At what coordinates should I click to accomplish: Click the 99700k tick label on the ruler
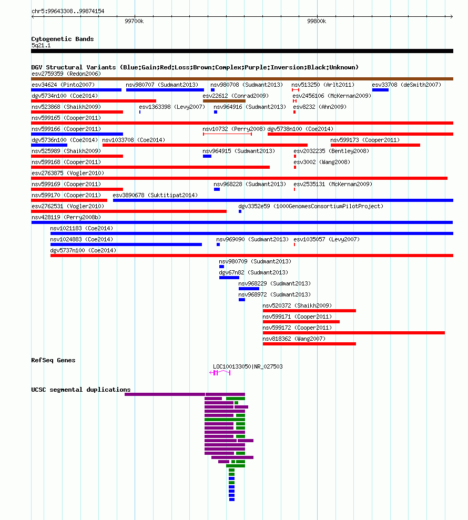pos(134,21)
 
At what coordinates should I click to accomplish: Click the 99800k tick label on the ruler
pos(317,21)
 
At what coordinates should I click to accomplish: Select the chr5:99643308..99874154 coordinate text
pos(68,11)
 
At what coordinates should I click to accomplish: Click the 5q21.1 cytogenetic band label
pos(41,45)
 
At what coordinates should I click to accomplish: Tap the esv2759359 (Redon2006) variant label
pos(66,74)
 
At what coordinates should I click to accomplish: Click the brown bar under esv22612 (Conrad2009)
pos(224,101)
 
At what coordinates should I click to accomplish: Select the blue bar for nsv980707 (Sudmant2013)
pos(165,90)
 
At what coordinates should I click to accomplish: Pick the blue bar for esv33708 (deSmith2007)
pos(380,90)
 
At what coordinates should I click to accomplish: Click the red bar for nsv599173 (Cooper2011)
pos(375,145)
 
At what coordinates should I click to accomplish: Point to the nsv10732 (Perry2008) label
pos(234,129)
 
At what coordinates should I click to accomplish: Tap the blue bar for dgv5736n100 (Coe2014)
pos(49,145)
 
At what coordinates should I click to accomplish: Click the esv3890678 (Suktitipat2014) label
pos(155,195)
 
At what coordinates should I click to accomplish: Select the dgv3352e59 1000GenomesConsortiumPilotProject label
pos(311,206)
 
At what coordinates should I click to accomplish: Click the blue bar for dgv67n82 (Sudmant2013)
pos(229,278)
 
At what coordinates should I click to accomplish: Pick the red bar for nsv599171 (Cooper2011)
pos(301,322)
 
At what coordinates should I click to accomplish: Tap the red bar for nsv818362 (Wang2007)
pos(309,344)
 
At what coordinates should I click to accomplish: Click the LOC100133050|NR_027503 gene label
pos(248,366)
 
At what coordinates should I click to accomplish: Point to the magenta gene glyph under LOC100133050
pos(220,373)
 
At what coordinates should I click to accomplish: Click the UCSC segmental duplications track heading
pos(81,390)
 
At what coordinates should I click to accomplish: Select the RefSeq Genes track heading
pos(53,360)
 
